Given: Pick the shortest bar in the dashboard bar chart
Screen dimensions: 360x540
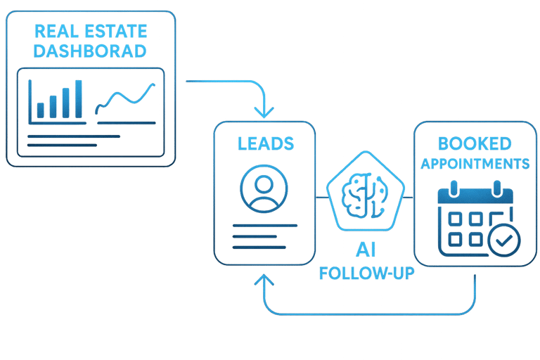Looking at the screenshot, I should tap(41, 110).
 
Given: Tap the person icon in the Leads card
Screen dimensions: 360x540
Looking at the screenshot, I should tap(264, 188).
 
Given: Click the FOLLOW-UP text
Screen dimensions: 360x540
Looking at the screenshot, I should tap(366, 274).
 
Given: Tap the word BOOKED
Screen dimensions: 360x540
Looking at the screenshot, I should tap(474, 143).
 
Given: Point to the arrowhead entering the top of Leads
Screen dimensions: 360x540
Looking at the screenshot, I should tap(264, 112).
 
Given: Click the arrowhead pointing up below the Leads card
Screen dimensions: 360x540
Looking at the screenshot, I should tap(264, 281).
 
